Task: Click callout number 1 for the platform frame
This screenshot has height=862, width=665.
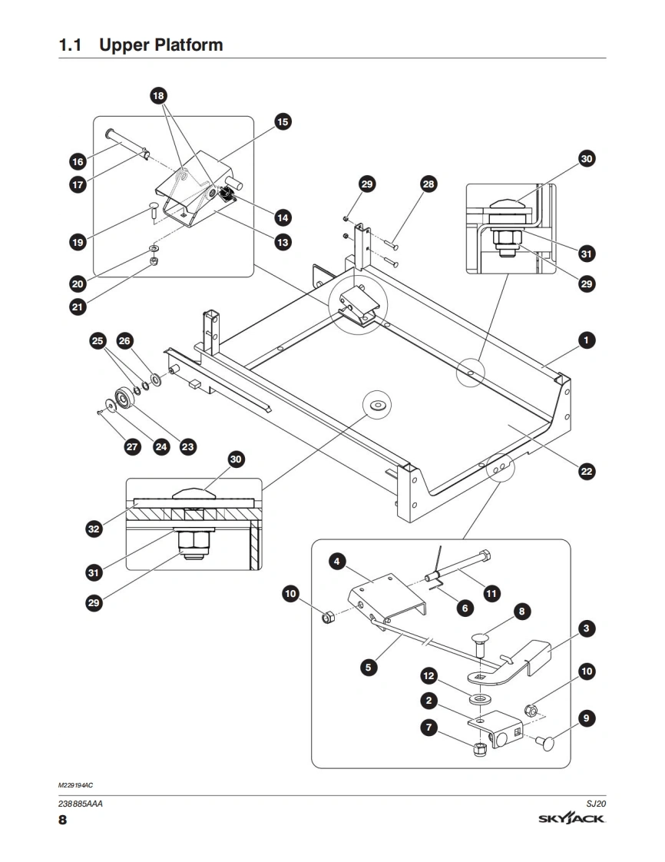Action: pyautogui.click(x=587, y=340)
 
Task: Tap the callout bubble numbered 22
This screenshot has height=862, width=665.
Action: pyautogui.click(x=587, y=472)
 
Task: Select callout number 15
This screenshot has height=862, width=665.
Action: pyautogui.click(x=282, y=121)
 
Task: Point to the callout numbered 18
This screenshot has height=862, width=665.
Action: pyautogui.click(x=159, y=96)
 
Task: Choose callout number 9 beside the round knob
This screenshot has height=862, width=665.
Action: pyautogui.click(x=587, y=718)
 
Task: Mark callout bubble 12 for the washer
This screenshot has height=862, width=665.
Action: pyautogui.click(x=429, y=676)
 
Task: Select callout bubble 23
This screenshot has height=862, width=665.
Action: pyautogui.click(x=187, y=446)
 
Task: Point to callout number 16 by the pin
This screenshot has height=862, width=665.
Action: pyautogui.click(x=78, y=161)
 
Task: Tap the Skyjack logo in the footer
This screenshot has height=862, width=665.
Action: pyautogui.click(x=572, y=820)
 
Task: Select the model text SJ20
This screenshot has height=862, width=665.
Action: pyautogui.click(x=597, y=803)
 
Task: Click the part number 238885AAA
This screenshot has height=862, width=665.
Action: pyautogui.click(x=81, y=804)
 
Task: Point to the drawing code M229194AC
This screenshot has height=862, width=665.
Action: pyautogui.click(x=75, y=785)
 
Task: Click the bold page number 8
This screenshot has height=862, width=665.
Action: pyautogui.click(x=63, y=821)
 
